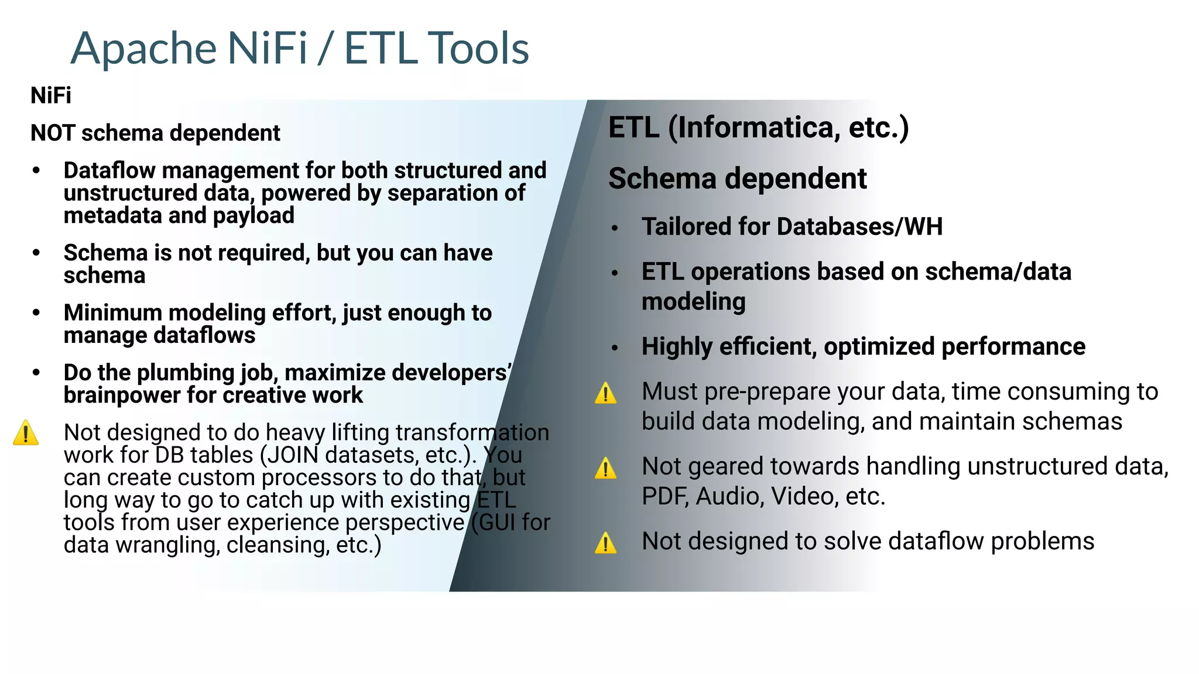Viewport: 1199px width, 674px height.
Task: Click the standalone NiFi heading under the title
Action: [x=51, y=95]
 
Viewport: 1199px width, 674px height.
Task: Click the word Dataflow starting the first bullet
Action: [x=109, y=170]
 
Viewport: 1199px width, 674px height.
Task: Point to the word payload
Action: [x=253, y=215]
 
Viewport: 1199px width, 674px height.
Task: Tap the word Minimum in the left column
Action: [x=112, y=312]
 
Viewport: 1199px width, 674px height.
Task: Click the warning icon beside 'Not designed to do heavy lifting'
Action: [x=26, y=433]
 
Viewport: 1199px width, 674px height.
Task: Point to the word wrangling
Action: [x=167, y=545]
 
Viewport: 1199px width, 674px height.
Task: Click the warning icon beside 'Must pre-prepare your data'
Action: [x=605, y=393]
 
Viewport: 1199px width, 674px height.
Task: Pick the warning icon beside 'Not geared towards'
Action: [x=605, y=468]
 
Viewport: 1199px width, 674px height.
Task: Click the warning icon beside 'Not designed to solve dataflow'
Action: [x=605, y=543]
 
